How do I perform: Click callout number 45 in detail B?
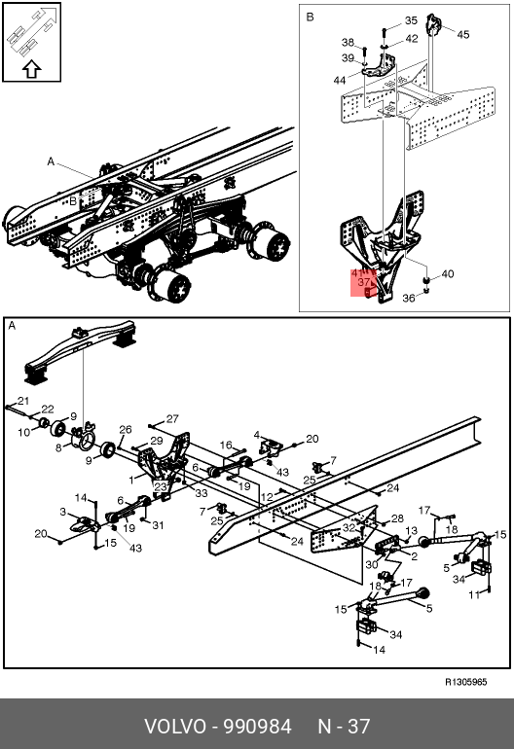pyautogui.click(x=462, y=34)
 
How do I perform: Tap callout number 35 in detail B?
pyautogui.click(x=411, y=20)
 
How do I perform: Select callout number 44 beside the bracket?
pyautogui.click(x=339, y=80)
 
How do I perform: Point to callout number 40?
pyautogui.click(x=447, y=274)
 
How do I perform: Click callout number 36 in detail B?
pyautogui.click(x=408, y=298)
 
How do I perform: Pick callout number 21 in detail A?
pyautogui.click(x=23, y=401)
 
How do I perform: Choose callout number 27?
pyautogui.click(x=172, y=419)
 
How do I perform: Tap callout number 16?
pyautogui.click(x=226, y=446)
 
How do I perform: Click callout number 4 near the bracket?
pyautogui.click(x=257, y=435)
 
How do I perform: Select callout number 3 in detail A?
pyautogui.click(x=62, y=512)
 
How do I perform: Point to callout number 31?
pyautogui.click(x=158, y=525)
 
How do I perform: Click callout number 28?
pyautogui.click(x=397, y=518)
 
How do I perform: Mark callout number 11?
pyautogui.click(x=474, y=594)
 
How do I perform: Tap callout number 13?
pyautogui.click(x=411, y=531)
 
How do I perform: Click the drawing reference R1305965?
pyautogui.click(x=465, y=682)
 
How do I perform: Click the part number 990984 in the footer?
pyautogui.click(x=258, y=727)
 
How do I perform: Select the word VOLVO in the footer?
pyautogui.click(x=175, y=727)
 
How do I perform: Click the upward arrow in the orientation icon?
pyautogui.click(x=31, y=69)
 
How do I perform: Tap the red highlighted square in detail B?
pyautogui.click(x=364, y=282)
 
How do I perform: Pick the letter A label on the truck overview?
pyautogui.click(x=51, y=161)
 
